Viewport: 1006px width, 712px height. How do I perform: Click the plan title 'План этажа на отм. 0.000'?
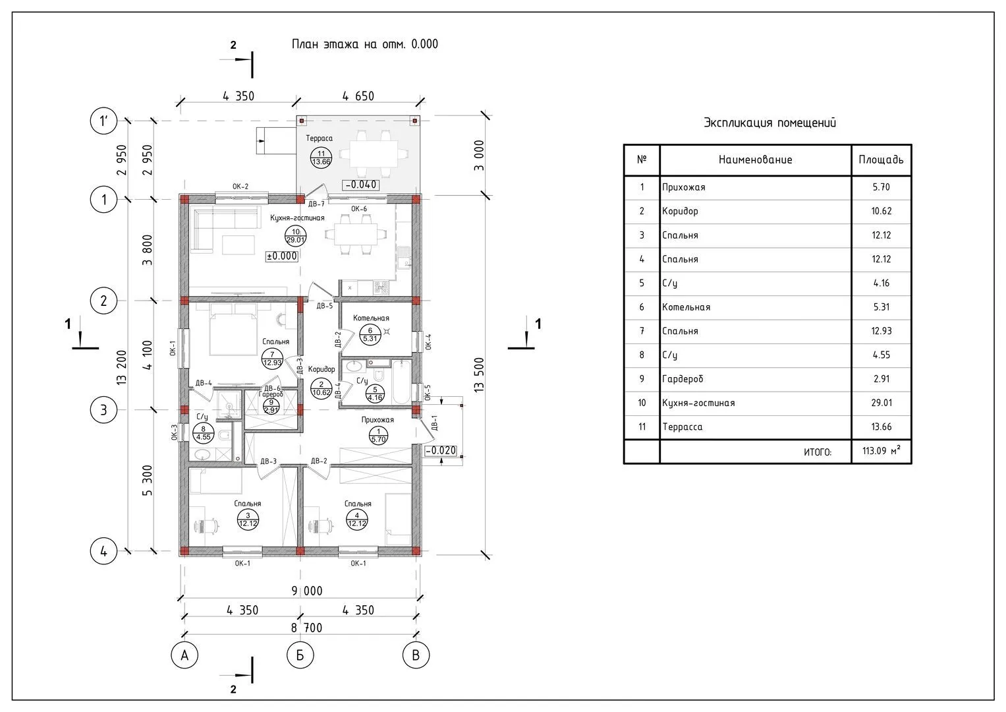(x=364, y=44)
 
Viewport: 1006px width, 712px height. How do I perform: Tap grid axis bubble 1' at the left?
(x=103, y=121)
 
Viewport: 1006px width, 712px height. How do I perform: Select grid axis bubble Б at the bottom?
(x=300, y=655)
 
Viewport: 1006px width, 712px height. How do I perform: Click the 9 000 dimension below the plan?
(x=307, y=591)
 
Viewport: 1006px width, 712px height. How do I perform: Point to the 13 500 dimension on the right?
(x=479, y=375)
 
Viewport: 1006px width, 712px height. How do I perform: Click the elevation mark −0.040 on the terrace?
(x=360, y=185)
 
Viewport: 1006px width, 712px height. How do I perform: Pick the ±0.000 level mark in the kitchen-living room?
(x=281, y=256)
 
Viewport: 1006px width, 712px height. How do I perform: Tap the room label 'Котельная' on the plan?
(x=371, y=318)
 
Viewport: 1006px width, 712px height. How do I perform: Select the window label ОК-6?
(x=359, y=209)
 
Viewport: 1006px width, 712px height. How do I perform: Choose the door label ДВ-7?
(x=316, y=204)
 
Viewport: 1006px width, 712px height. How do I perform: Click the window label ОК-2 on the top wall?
(x=240, y=187)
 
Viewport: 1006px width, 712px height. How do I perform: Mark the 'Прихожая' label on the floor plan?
(x=377, y=419)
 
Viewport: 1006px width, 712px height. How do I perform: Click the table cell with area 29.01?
(x=881, y=403)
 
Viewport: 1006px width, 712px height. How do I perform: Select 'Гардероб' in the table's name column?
(x=683, y=379)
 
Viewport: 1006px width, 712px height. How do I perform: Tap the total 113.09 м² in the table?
(x=881, y=452)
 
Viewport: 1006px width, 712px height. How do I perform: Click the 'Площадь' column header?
(x=881, y=160)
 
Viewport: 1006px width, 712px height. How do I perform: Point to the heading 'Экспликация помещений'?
(x=769, y=123)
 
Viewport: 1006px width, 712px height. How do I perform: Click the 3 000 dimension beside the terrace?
(x=479, y=156)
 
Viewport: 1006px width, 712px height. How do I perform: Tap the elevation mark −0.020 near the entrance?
(x=441, y=451)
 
